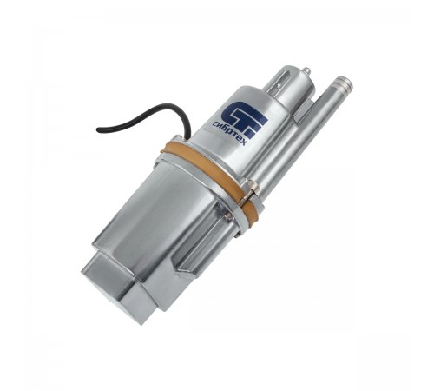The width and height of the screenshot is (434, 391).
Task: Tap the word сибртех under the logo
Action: pos(228,133)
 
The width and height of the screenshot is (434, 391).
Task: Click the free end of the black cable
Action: pos(98,130)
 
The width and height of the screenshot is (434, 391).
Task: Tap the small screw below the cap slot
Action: pos(279,85)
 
